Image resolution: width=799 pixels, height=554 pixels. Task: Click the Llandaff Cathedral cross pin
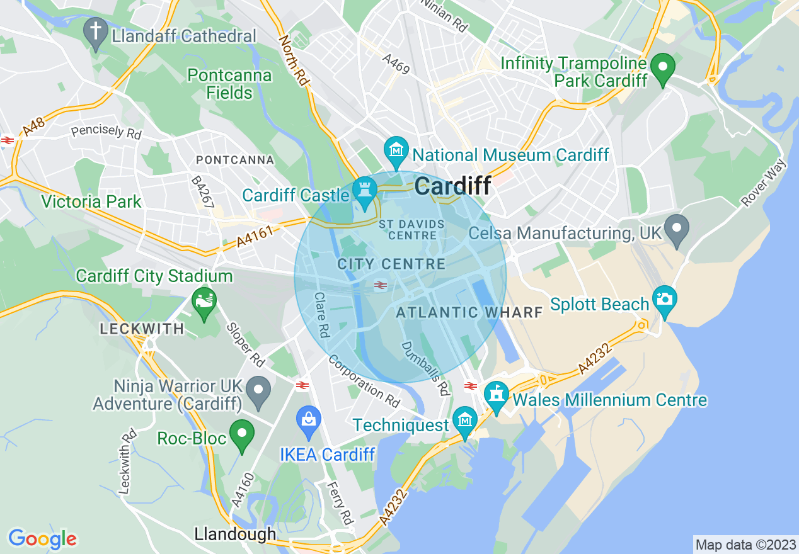(x=96, y=34)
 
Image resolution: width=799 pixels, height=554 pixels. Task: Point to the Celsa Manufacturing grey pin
(x=677, y=230)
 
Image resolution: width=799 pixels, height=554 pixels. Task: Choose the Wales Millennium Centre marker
(x=496, y=397)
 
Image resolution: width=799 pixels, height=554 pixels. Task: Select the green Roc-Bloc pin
(x=241, y=436)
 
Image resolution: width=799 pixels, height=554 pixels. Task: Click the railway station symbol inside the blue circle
(x=380, y=286)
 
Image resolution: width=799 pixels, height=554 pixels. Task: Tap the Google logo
(x=42, y=539)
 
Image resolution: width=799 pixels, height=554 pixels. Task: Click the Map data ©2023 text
(x=745, y=545)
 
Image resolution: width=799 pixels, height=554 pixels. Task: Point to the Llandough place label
(x=235, y=534)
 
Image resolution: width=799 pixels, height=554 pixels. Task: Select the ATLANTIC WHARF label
(x=469, y=312)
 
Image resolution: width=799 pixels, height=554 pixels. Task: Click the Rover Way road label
(x=764, y=183)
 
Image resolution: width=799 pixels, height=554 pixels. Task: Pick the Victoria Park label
(x=91, y=202)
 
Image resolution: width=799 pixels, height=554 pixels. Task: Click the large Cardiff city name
(x=453, y=186)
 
